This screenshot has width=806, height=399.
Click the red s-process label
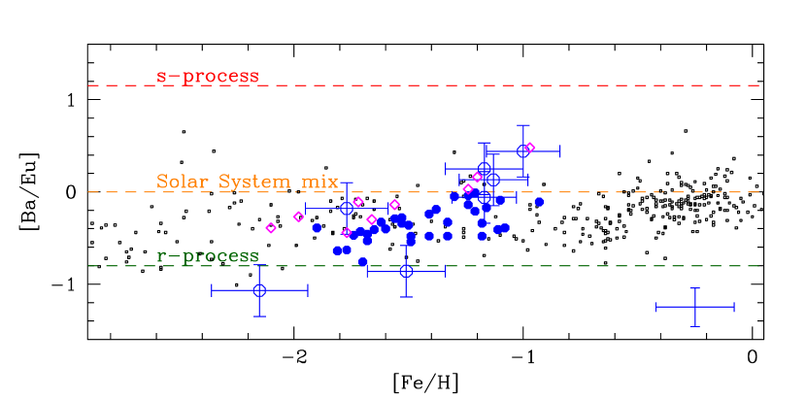[x=208, y=76]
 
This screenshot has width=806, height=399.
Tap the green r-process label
[x=208, y=256]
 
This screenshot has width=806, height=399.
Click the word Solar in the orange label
[x=183, y=182]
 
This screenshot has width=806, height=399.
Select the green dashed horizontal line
[x=583, y=266]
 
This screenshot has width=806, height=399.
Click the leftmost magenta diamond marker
[x=271, y=228]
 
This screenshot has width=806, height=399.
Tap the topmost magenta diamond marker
[x=530, y=148]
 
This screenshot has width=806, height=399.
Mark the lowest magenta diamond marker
[x=347, y=233]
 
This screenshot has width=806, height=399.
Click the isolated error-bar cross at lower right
[x=694, y=307]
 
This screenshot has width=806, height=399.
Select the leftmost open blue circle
[x=259, y=289]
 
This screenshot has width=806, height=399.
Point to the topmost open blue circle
[x=522, y=151]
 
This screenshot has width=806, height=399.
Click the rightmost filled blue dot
[x=539, y=202]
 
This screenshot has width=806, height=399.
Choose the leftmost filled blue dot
[x=317, y=228]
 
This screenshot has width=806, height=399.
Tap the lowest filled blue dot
[x=363, y=262]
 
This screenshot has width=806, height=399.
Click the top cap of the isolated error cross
[x=694, y=288]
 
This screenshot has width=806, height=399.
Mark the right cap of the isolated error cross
[x=734, y=307]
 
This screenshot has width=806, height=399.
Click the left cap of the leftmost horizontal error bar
[x=213, y=289]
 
